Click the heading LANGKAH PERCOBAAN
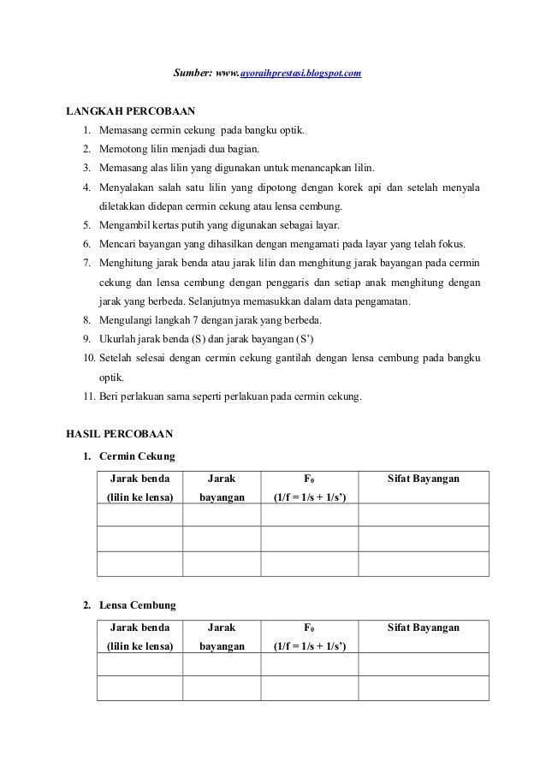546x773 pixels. coord(131,111)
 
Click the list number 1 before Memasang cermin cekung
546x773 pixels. coord(86,130)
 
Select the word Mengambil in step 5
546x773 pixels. coord(125,225)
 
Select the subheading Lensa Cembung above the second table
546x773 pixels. coord(138,605)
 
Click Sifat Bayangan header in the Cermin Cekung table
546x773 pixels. coord(423,479)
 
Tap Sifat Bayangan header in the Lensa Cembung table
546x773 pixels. coord(423,628)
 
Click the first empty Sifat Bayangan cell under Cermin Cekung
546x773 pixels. coord(423,515)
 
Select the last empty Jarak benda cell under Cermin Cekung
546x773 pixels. coord(140,564)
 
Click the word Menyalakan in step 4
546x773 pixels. coord(128,187)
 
